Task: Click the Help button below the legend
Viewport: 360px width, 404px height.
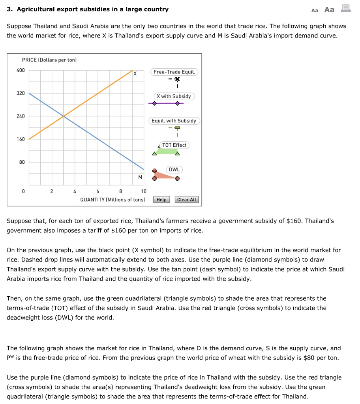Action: coord(161,200)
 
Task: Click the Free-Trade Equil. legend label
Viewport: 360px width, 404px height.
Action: coord(174,72)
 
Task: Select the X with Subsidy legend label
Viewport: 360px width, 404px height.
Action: coord(174,96)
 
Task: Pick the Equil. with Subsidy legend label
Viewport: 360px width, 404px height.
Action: coord(174,121)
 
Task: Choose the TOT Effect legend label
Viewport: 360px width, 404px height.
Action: coord(174,145)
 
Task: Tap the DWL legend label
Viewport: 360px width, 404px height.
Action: coord(174,170)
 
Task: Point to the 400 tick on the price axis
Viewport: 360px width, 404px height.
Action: coord(21,70)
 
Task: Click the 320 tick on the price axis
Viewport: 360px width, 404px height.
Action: coord(21,93)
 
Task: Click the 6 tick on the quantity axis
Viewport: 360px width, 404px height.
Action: coord(97,191)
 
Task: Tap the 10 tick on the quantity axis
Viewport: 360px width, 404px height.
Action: coord(144,191)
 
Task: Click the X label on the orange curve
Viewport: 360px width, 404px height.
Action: coord(135,74)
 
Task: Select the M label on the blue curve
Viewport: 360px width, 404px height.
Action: coord(141,178)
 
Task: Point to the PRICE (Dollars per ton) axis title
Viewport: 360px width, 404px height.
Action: coord(49,60)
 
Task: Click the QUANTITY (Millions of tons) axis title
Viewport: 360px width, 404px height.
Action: coord(112,200)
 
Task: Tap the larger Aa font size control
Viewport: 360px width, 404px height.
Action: coord(329,9)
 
